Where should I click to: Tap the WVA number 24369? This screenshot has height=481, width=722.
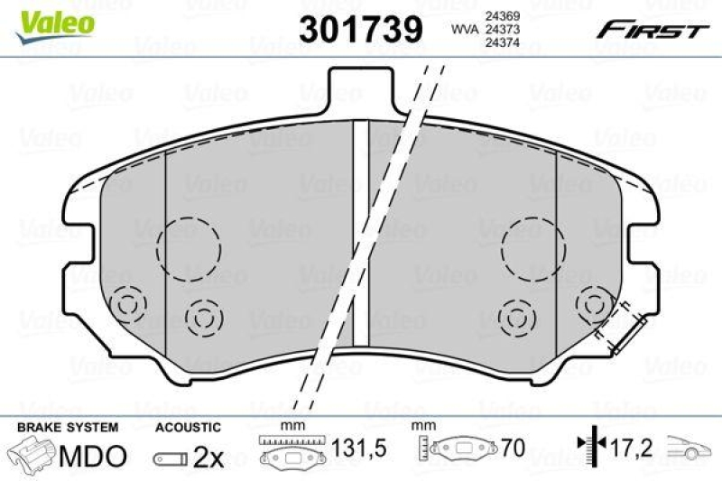click(496, 15)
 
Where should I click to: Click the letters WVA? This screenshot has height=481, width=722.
click(464, 29)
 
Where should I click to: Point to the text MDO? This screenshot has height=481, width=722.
click(93, 456)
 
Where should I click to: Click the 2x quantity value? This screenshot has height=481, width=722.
click(208, 457)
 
